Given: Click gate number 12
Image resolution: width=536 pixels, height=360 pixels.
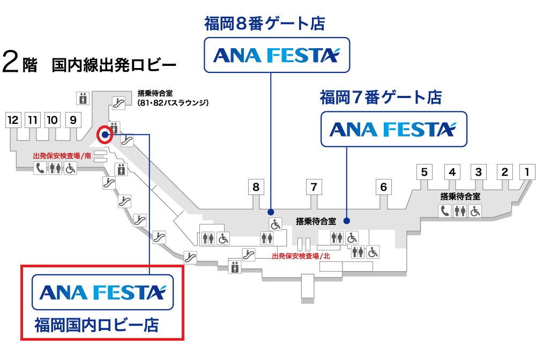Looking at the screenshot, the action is click(13, 119).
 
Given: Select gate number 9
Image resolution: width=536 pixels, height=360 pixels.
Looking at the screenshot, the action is click(73, 119).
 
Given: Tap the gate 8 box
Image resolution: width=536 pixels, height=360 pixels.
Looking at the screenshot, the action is click(256, 187).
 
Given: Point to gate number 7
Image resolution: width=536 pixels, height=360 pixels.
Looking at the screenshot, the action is click(314, 187).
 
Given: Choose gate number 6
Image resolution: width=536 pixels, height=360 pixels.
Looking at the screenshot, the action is click(383, 187).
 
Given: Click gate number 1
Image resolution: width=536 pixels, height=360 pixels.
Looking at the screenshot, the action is click(527, 172).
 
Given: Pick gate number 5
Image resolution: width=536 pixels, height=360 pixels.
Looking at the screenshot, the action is click(424, 172).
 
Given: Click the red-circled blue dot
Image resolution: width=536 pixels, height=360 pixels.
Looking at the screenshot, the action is click(105, 135).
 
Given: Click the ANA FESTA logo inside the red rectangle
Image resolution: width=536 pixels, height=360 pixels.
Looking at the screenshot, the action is click(103, 292).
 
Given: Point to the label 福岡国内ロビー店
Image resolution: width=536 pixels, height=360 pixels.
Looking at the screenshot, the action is click(96, 325).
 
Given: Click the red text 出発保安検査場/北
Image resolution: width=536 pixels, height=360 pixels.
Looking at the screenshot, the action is click(301, 256).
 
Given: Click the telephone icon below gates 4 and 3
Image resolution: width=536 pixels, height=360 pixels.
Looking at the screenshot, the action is click(445, 211).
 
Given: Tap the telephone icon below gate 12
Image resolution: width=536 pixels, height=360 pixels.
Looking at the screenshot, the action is click(40, 168).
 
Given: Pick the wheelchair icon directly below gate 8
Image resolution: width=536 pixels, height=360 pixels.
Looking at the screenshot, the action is click(275, 224).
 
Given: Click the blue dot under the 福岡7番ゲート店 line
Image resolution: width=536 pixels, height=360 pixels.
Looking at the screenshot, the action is click(347, 220).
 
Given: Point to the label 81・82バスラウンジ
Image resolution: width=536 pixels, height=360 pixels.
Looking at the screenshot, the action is click(173, 102).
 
